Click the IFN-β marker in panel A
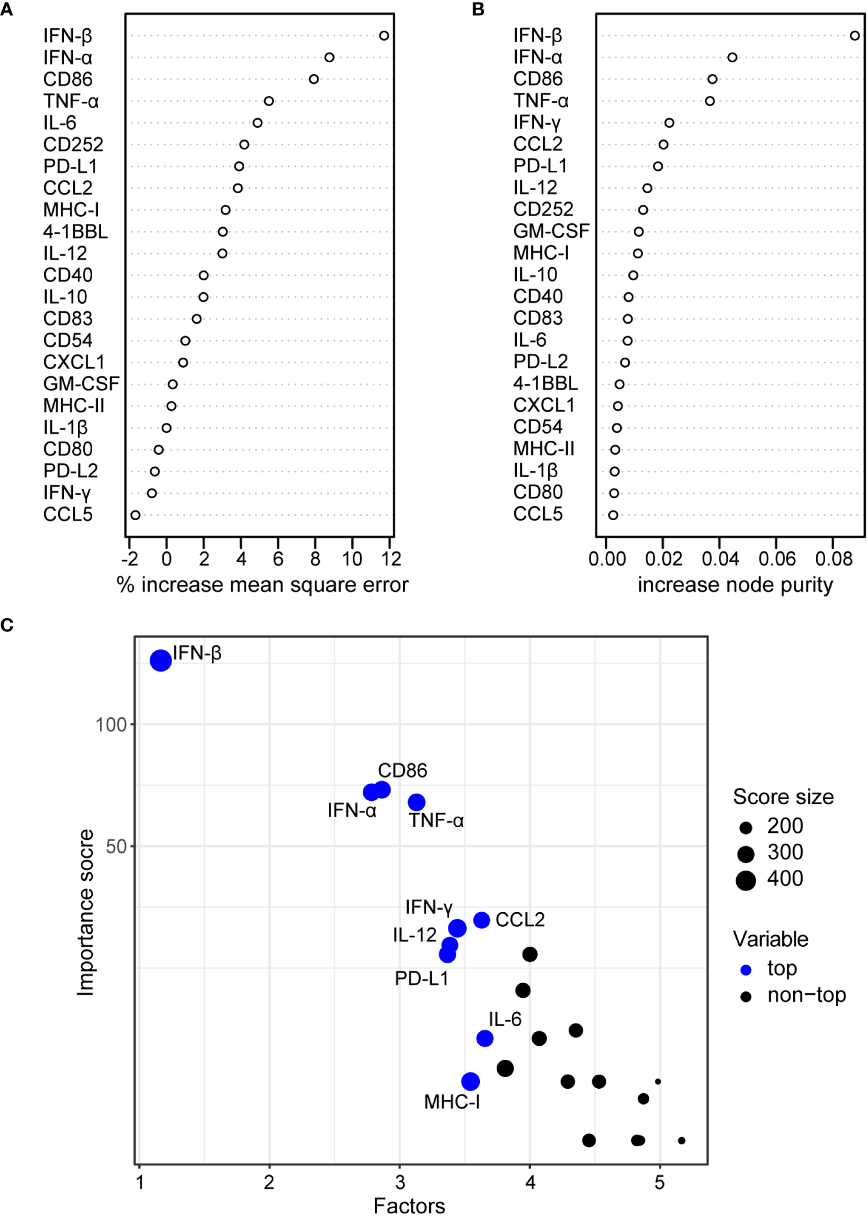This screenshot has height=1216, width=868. click(384, 36)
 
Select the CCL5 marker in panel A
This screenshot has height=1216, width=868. click(136, 515)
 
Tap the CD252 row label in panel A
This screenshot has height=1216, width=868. click(73, 145)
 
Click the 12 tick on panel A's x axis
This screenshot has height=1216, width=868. click(391, 559)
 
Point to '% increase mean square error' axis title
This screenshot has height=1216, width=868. click(262, 585)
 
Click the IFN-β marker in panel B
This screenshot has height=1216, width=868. click(855, 36)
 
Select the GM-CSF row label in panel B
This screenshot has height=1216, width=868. click(551, 231)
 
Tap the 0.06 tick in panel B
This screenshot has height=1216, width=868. click(777, 559)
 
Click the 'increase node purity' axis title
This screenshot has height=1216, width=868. click(735, 585)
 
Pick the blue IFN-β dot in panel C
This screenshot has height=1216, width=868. click(161, 660)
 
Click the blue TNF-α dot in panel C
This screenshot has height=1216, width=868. click(416, 802)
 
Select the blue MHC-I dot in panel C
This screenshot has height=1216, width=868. click(471, 1082)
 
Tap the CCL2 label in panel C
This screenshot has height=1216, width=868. click(520, 920)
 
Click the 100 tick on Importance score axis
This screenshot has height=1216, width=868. click(111, 725)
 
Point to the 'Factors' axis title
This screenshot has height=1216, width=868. click(409, 1206)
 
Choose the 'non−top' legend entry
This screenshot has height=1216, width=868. click(806, 996)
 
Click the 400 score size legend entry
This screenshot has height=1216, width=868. click(785, 879)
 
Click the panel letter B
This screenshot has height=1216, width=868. click(478, 9)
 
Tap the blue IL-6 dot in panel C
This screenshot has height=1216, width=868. click(485, 1038)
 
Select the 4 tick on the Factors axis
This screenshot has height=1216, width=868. click(530, 1183)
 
